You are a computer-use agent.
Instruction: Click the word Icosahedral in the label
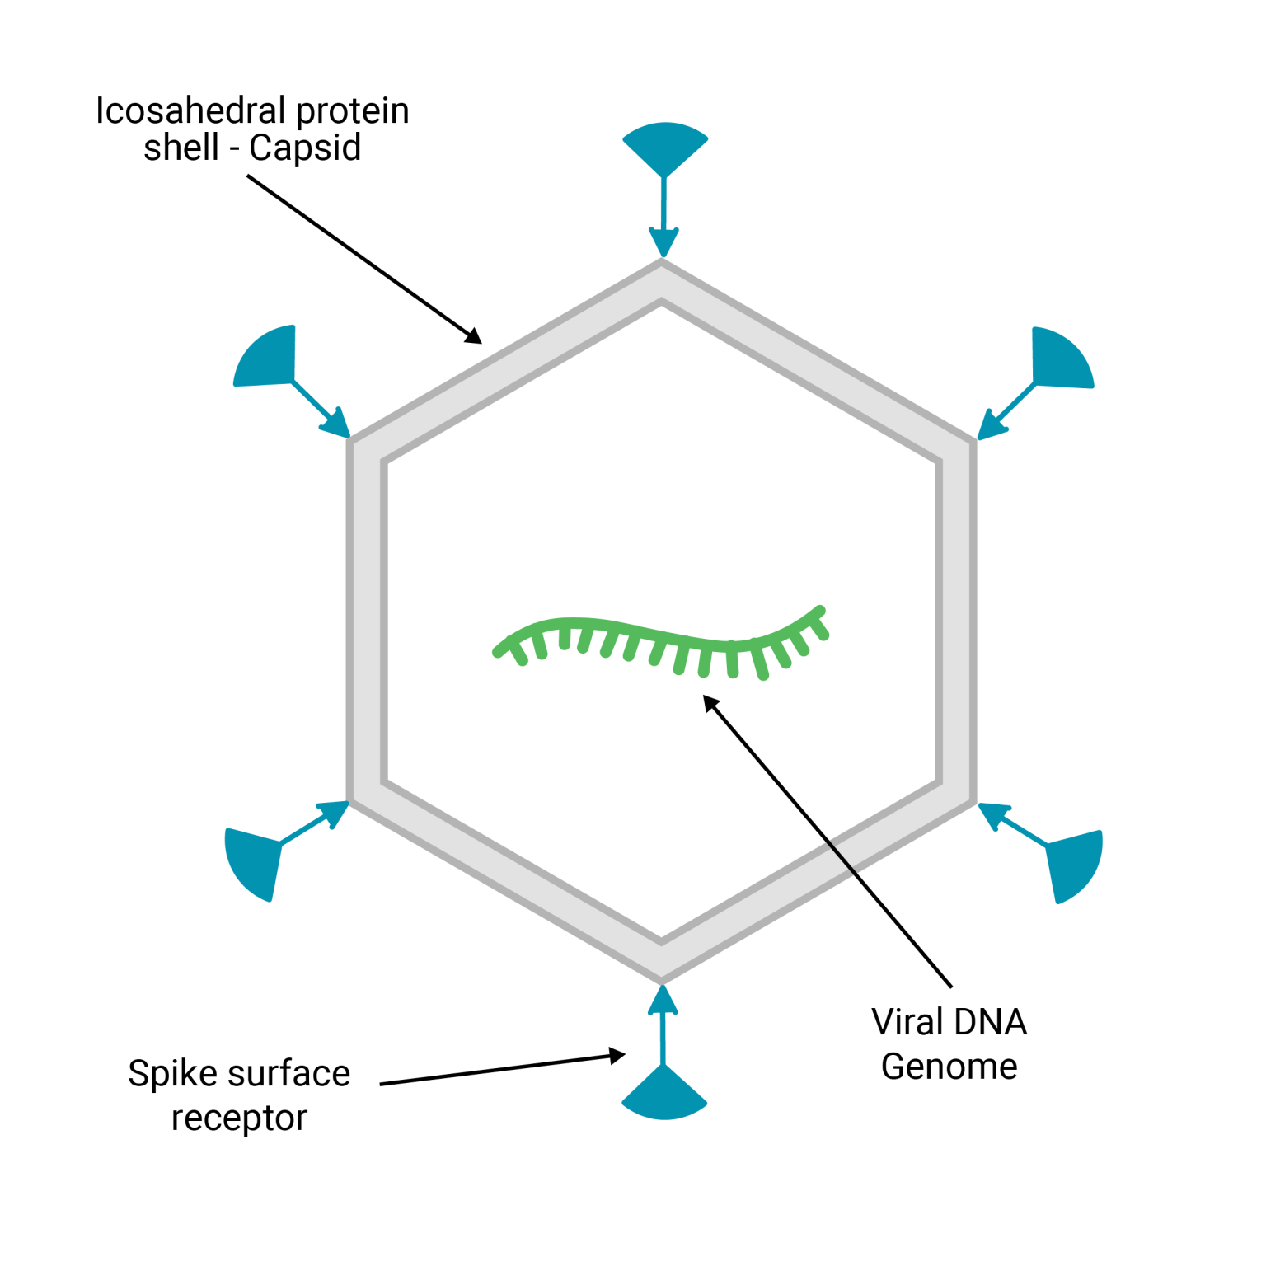tap(189, 110)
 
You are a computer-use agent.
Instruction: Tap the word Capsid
tap(305, 148)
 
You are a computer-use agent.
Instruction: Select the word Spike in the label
tap(171, 1074)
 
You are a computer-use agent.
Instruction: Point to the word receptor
tap(239, 1118)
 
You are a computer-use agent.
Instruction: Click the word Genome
tap(949, 1067)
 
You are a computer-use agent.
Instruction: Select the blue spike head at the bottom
tap(664, 1095)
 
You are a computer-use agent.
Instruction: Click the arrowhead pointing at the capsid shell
tap(473, 336)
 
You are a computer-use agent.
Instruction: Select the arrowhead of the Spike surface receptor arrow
tap(617, 1056)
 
